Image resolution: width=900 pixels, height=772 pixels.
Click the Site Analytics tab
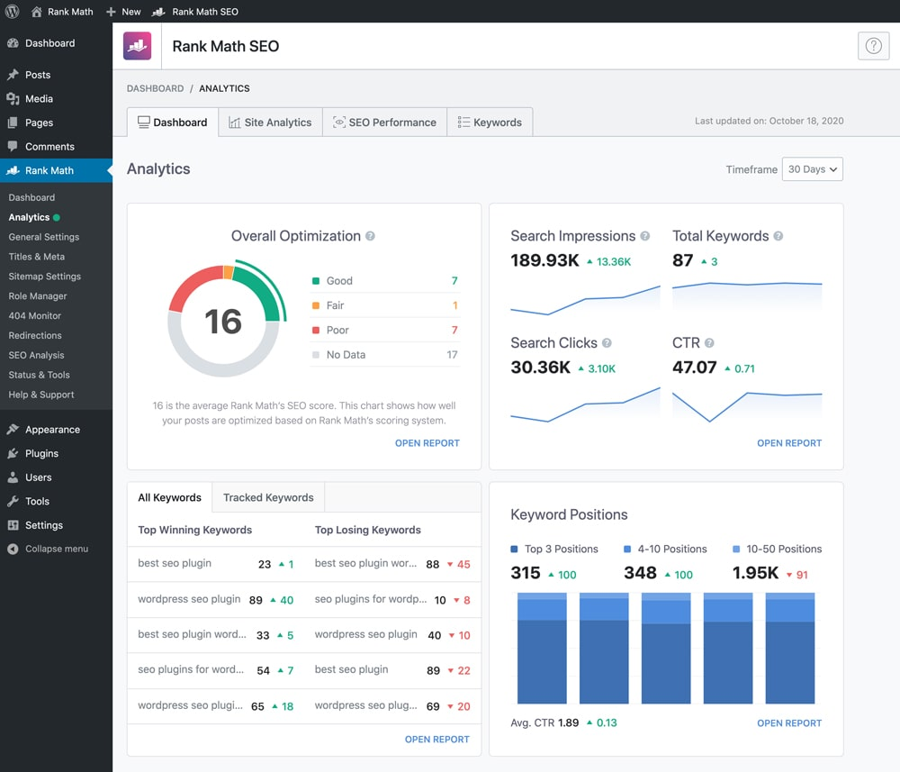point(270,123)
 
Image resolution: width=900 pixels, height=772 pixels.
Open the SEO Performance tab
point(384,123)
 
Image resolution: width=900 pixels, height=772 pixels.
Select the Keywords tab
point(490,123)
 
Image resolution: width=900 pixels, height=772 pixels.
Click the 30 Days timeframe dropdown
point(812,169)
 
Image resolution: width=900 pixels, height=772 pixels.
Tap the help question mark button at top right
point(872,47)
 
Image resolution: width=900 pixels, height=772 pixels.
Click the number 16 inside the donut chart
point(222,322)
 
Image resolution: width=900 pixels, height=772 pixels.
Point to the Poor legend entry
point(337,331)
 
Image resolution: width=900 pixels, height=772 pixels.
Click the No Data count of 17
point(452,355)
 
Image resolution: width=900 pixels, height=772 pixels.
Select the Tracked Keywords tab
point(268,497)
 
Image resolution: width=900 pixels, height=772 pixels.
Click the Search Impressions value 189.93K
point(544,261)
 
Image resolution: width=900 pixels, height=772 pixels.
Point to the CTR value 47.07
point(694,368)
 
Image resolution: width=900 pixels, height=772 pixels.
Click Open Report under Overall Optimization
point(427,443)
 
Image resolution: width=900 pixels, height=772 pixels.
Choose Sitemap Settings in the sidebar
point(45,277)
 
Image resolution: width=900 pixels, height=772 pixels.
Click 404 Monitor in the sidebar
point(35,316)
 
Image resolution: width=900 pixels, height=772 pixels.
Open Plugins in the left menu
point(41,454)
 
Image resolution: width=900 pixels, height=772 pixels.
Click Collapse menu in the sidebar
point(56,549)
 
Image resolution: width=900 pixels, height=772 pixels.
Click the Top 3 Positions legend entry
point(554,549)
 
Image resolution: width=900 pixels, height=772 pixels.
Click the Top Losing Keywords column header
point(367,531)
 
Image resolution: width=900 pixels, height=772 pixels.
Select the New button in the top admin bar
point(123,12)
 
